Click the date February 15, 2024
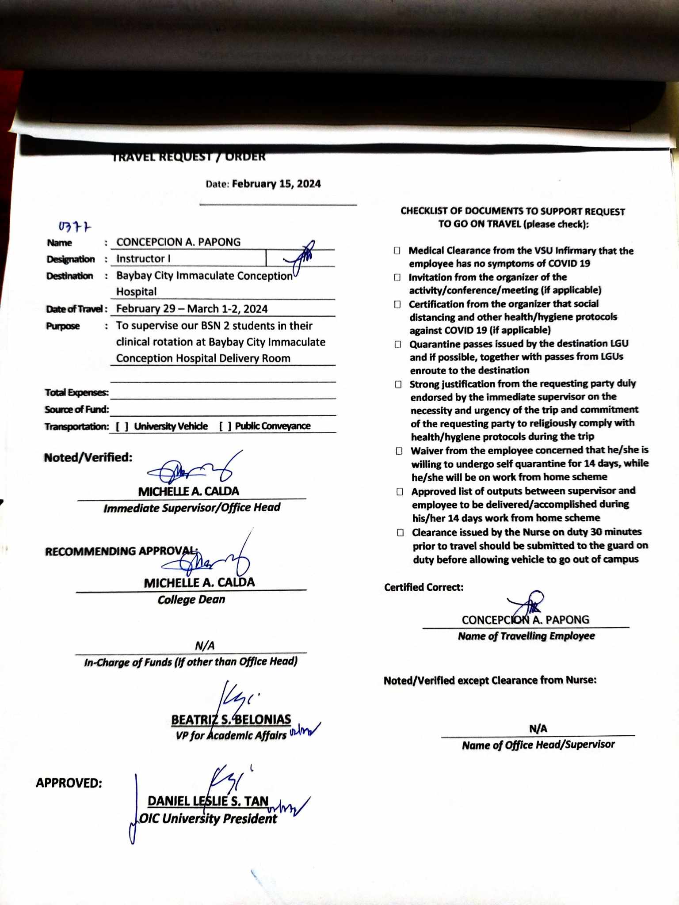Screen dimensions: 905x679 tap(276, 184)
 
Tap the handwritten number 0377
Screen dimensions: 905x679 tap(75, 227)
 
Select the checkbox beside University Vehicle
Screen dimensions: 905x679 tap(122, 426)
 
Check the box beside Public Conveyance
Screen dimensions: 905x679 tap(225, 426)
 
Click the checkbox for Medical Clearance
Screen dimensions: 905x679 tap(397, 251)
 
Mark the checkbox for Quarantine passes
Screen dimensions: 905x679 tap(398, 344)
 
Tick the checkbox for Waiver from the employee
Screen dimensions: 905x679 tap(399, 451)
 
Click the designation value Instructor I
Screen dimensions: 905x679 tap(143, 259)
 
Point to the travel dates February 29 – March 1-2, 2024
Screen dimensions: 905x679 tap(192, 309)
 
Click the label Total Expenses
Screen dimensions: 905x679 tap(76, 392)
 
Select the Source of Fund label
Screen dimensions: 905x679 tap(76, 410)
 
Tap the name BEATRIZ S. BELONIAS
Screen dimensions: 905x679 tap(231, 720)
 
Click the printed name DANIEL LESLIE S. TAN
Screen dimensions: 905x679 tap(208, 801)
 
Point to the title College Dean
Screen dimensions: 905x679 tap(191, 600)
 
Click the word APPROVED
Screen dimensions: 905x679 tap(69, 783)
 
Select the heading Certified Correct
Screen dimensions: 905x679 tap(423, 587)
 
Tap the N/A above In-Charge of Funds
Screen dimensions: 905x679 tap(205, 646)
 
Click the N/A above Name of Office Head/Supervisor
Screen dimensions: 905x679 tap(538, 729)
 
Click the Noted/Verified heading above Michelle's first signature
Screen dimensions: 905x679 tap(88, 457)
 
